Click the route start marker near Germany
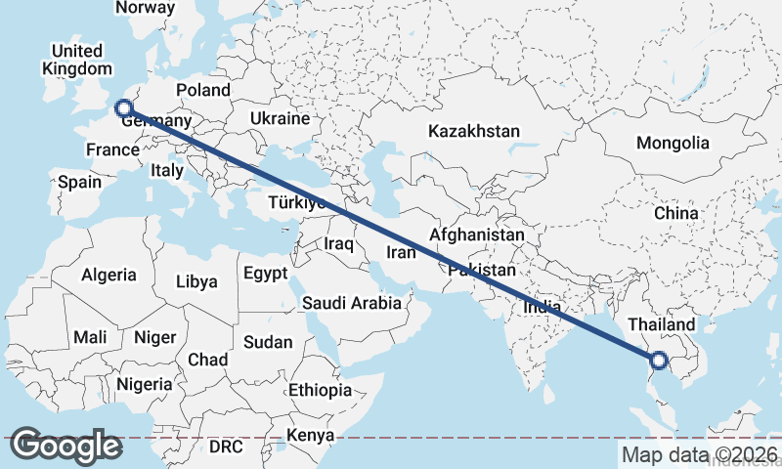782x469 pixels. pos(123,108)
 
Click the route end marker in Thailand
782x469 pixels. pos(659,361)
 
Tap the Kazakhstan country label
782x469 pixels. pos(474,131)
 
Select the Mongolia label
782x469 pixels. pos(673,143)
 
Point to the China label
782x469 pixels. pos(676,213)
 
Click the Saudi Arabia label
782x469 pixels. pos(351,303)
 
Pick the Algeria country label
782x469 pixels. pos(109,275)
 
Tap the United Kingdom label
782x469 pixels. pos(77,60)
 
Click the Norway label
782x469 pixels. pos(145,8)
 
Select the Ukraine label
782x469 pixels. pos(280,118)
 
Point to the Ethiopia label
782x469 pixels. pos(320,390)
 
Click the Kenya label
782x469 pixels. pos(311,435)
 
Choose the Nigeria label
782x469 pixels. pos(145,384)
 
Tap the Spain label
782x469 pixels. pos(79,182)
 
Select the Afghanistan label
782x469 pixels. pos(477,235)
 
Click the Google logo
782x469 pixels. pos(65,446)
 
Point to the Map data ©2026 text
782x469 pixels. pos(700,454)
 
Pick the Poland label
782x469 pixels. pos(203,90)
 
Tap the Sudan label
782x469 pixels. pos(267,342)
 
